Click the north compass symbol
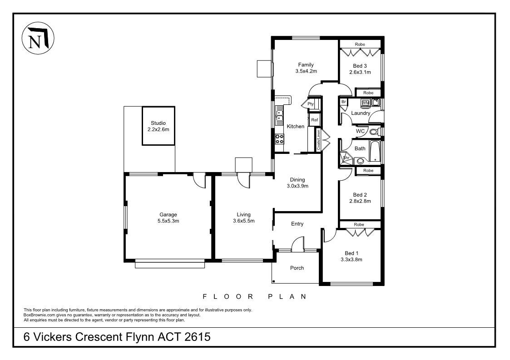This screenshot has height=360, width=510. [38, 38]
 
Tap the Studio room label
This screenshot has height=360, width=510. [158, 123]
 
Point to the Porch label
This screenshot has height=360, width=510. [297, 268]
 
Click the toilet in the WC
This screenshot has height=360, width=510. [374, 132]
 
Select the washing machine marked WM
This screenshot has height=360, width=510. [366, 103]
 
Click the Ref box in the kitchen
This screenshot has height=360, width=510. [314, 120]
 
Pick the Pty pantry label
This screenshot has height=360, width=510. [311, 104]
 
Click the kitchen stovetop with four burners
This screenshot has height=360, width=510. [280, 139]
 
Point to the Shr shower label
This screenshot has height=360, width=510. [346, 158]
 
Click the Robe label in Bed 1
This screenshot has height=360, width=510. [359, 225]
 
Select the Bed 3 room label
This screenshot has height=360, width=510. [360, 66]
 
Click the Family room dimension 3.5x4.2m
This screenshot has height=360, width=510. [306, 71]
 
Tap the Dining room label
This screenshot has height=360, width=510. [297, 180]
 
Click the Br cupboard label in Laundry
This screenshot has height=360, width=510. [344, 102]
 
